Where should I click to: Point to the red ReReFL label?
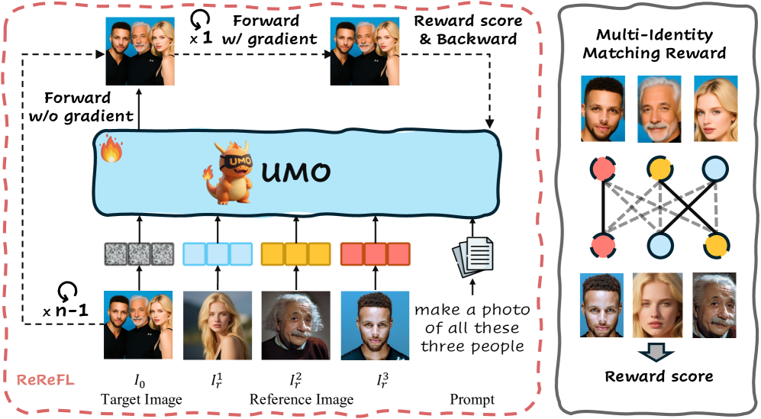coord(46,379)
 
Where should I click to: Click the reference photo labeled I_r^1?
coord(217,325)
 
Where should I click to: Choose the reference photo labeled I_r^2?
coord(295,325)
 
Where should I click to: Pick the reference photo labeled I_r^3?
coord(374,325)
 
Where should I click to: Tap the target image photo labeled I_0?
coord(138,325)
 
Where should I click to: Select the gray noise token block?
coord(138,253)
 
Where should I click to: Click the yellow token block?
coord(295,253)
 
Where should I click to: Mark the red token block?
coord(374,253)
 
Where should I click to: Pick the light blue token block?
coord(217,253)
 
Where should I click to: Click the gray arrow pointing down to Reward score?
coord(657,350)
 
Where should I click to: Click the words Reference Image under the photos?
coord(301,399)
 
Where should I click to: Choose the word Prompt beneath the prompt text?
coord(472,399)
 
